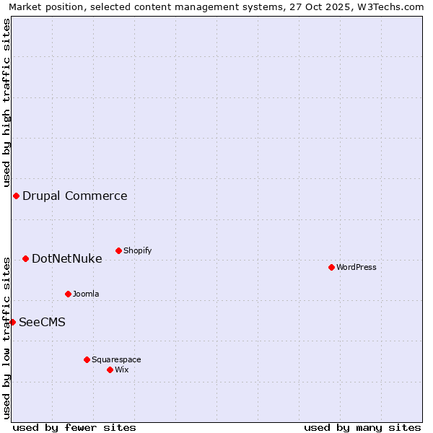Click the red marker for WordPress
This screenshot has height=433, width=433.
coord(331,267)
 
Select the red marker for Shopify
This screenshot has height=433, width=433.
coord(118,250)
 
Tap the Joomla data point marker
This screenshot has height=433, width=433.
coord(68,294)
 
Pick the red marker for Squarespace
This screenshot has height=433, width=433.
coord(87,359)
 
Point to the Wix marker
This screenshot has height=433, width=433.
coord(110,369)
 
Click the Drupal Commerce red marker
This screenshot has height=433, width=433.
coord(16,196)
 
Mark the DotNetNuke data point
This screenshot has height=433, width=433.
coord(25,258)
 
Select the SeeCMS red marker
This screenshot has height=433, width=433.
coord(12,322)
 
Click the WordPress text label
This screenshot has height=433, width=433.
coord(357,267)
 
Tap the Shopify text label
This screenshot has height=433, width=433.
coord(137,250)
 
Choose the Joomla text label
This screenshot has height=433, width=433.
coord(86,294)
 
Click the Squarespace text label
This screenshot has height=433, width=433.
coord(116,359)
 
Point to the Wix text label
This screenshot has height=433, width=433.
coord(121,369)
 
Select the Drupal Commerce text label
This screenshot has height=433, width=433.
coord(75,196)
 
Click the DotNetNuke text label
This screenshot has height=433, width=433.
coord(67,258)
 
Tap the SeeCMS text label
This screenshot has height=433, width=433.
coord(42,322)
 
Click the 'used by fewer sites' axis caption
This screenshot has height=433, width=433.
coord(74,427)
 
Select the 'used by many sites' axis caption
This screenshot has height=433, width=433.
coord(362,427)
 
